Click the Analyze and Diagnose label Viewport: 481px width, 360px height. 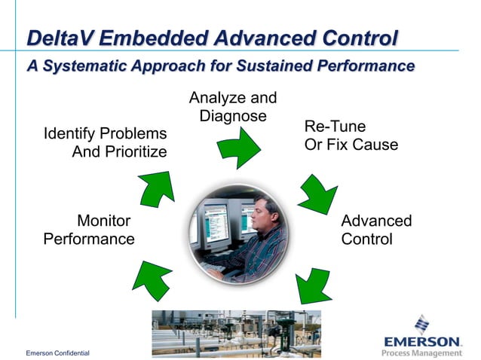[233, 107]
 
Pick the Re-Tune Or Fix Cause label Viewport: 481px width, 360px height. [351, 135]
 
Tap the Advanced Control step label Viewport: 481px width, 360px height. [376, 230]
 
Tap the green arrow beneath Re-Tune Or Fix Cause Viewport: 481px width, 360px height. [317, 195]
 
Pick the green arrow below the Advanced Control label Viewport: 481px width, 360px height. [312, 285]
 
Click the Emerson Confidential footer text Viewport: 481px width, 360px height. [57, 353]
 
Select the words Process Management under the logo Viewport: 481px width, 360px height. [421, 352]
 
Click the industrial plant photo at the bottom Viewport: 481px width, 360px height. [236, 333]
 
